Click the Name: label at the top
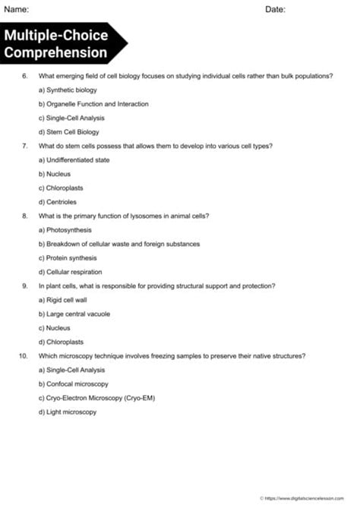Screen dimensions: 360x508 pos(16,9)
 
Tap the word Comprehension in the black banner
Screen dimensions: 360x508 pos(55,52)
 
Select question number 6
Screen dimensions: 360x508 pos(25,76)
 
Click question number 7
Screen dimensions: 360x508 pos(25,146)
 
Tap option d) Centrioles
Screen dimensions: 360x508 pos(57,202)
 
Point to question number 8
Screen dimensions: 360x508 pos(25,216)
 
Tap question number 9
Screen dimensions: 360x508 pos(25,286)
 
